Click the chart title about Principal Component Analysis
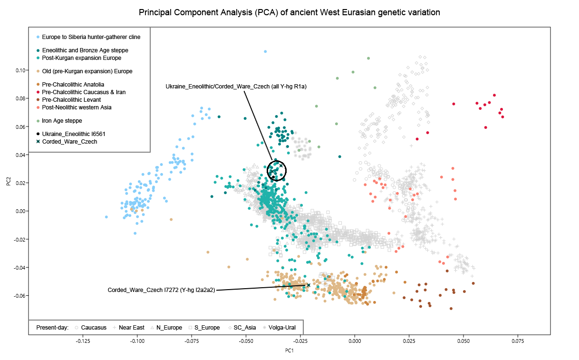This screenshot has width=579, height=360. pos(289,12)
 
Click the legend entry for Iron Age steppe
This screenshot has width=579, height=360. pos(62,121)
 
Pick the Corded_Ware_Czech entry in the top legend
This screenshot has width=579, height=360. pos(69,142)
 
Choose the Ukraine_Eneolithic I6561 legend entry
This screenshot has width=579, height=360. pos(75,134)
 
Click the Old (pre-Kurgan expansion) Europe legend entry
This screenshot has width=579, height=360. pos(87,71)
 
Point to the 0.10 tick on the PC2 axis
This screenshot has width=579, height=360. pos(21,70)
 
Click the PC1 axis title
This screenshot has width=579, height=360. pos(289,351)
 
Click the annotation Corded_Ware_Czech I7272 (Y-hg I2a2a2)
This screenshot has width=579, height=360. pos(161,290)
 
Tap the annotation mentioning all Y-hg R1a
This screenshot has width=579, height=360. pos(236,87)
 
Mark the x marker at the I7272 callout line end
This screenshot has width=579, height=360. pos(309,285)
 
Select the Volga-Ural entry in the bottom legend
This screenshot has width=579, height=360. pos(282,328)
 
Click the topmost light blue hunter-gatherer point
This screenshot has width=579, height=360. pos(265,51)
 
